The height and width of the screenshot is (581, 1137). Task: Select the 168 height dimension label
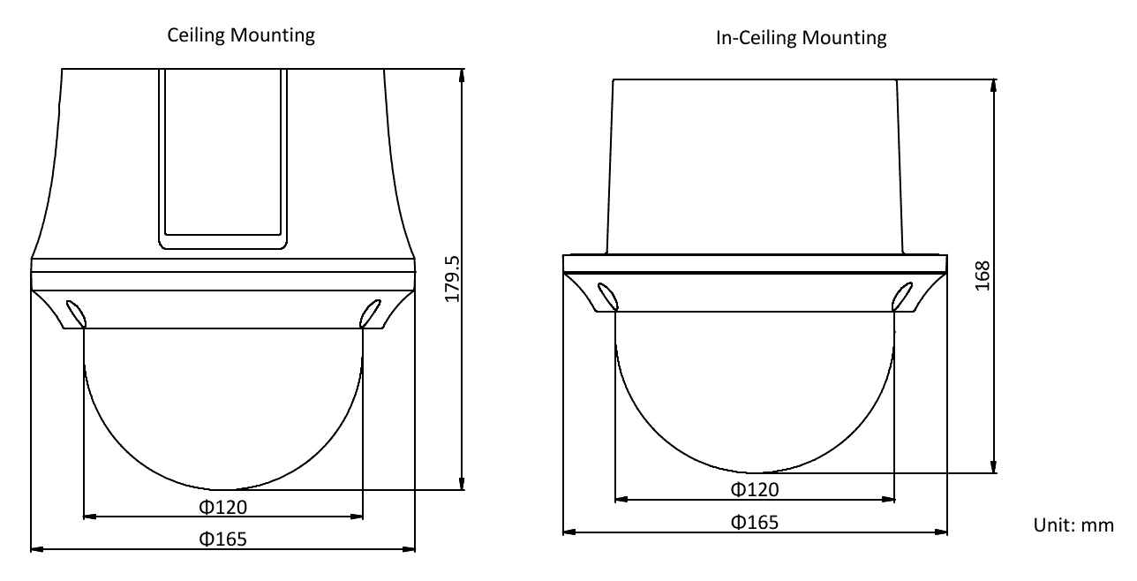pos(987,276)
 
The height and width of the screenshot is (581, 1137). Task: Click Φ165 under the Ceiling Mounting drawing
pos(222,539)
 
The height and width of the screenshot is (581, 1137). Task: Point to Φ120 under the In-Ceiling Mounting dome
pos(755,489)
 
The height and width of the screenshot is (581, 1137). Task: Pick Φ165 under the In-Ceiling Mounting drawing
pos(755,522)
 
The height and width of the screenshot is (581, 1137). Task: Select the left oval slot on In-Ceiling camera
pos(607,296)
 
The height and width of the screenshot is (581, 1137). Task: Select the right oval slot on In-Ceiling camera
pos(901,296)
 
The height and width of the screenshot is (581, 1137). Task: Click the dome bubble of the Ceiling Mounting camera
pos(222,406)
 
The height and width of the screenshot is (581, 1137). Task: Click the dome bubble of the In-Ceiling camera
pos(755,389)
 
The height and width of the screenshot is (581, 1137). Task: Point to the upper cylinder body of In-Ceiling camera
pos(755,163)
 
